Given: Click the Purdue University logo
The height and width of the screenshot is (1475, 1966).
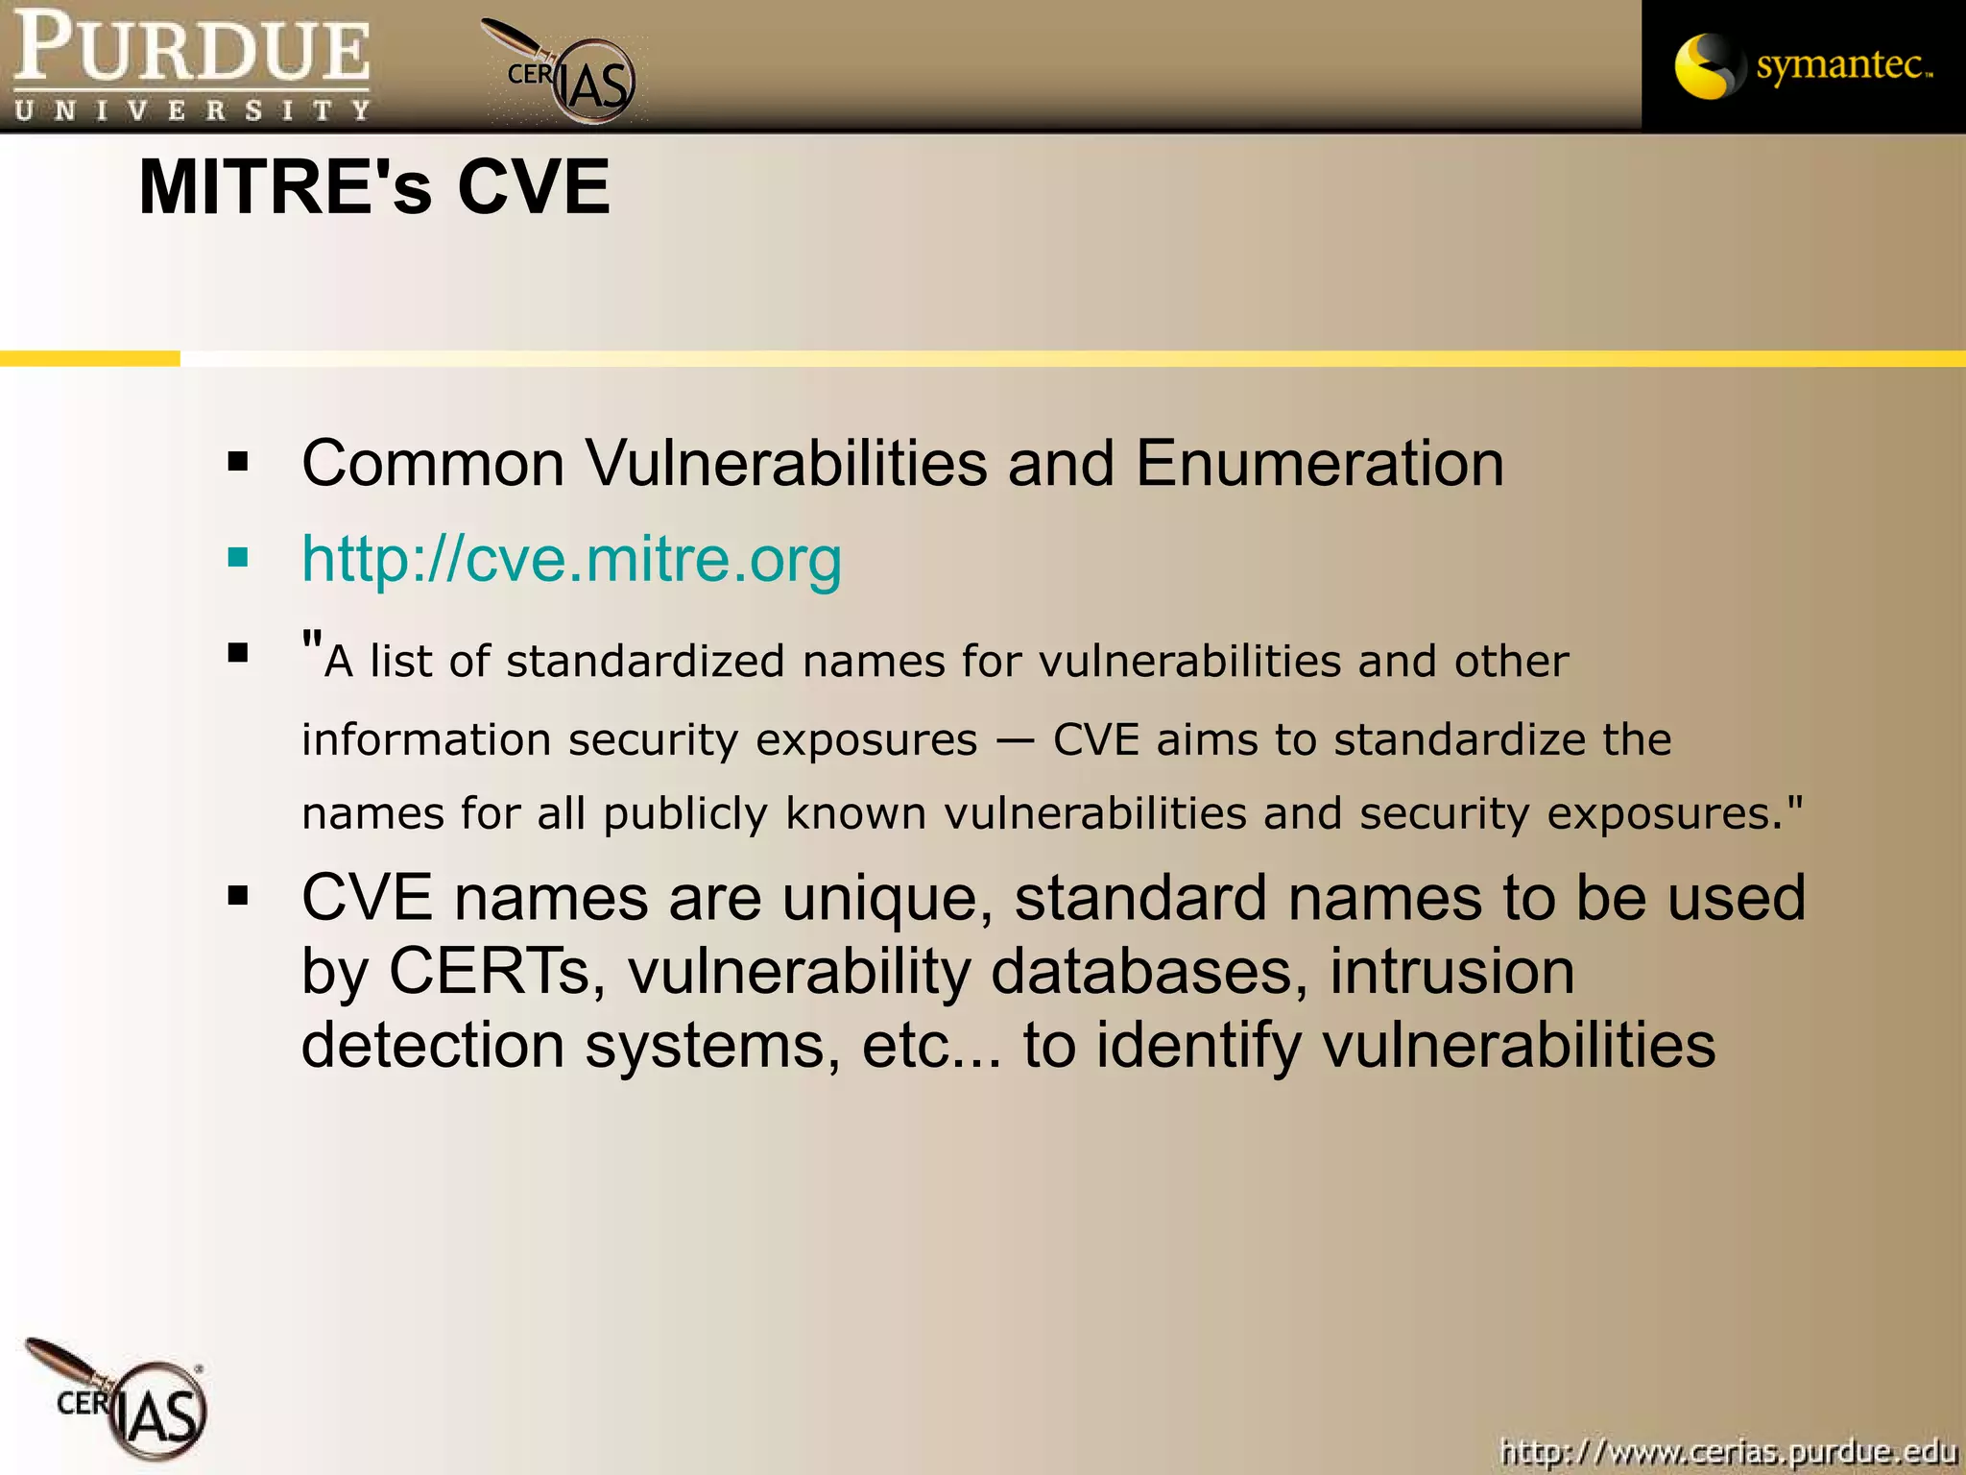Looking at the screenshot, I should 192,65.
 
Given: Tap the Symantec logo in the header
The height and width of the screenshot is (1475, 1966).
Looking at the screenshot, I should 1803,65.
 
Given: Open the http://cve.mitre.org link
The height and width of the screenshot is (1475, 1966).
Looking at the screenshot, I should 571,559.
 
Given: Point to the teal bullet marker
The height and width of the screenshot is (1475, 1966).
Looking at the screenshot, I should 238,558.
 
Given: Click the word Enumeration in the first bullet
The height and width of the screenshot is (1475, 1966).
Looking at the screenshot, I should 1319,464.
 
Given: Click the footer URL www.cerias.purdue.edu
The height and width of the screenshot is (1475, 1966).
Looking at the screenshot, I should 1728,1451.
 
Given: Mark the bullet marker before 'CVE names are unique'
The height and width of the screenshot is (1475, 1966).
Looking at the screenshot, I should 238,898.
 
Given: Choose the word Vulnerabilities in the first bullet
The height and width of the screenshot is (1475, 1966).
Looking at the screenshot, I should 786,464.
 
